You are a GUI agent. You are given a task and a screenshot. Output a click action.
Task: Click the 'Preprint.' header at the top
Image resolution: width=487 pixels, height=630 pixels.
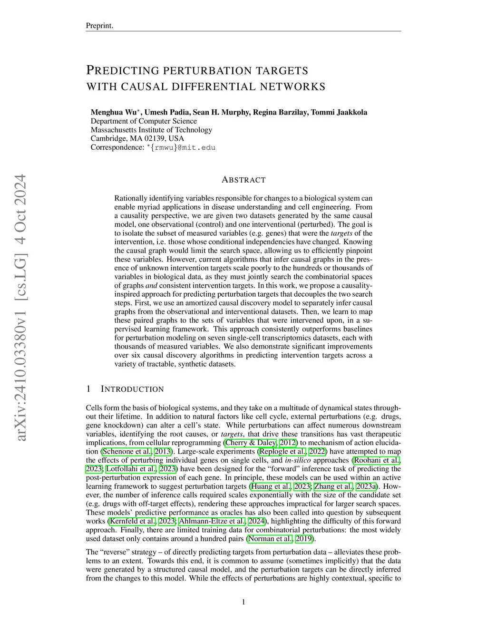[x=99, y=26]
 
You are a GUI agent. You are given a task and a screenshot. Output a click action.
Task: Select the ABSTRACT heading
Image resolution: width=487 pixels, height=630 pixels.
[x=243, y=180]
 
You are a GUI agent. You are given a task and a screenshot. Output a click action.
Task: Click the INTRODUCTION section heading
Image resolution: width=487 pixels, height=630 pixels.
[x=132, y=389]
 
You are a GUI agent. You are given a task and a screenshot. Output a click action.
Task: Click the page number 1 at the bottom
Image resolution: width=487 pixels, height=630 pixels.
[x=243, y=602]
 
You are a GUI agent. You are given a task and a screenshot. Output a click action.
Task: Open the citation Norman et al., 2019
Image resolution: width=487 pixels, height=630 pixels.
[x=280, y=539]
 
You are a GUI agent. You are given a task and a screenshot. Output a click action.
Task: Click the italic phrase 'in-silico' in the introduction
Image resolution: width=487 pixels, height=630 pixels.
[x=298, y=460]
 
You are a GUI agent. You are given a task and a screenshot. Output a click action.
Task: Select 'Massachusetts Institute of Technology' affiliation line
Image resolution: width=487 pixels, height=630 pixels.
[x=151, y=130]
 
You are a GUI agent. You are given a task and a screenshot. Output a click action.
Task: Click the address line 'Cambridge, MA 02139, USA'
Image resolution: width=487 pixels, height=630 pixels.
[x=137, y=138]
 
